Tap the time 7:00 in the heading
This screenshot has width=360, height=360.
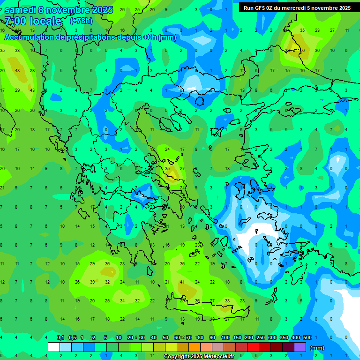point(15,21)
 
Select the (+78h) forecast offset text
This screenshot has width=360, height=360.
point(81,21)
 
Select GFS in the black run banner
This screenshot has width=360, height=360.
point(260,8)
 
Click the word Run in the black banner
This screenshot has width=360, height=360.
point(248,8)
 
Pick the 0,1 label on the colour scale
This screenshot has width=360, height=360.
point(60,337)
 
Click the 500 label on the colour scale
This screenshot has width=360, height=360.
point(307,337)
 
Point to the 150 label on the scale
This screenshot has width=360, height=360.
point(237,337)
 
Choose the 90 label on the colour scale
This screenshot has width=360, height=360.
point(212,337)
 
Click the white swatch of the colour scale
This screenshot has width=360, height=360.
point(54,347)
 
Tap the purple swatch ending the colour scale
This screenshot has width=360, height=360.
point(300,347)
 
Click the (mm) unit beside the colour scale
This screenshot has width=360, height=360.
point(317,348)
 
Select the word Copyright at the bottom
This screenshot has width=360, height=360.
point(178,357)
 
